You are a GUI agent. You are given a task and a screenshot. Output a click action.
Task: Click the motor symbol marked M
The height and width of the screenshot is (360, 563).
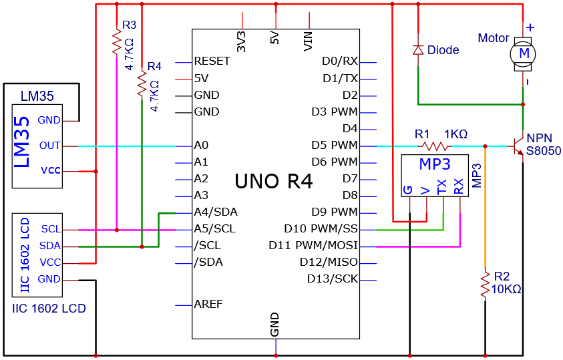click(523, 54)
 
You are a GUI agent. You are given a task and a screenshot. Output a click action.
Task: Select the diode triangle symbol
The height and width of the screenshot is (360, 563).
click(418, 50)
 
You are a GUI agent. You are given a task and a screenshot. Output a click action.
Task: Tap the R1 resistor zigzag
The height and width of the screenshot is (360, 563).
click(435, 146)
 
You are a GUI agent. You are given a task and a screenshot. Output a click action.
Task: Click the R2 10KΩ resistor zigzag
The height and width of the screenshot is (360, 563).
click(485, 285)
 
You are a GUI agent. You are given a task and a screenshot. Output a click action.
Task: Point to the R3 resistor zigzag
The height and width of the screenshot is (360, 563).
click(117, 41)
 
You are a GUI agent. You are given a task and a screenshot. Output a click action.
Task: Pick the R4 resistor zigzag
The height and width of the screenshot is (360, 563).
click(142, 83)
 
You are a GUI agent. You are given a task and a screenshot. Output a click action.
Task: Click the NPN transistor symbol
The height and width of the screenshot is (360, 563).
click(518, 146)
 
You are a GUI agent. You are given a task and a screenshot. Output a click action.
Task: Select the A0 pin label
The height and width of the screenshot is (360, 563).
click(201, 146)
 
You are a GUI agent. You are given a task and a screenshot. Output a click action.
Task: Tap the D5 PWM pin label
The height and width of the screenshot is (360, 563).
click(335, 146)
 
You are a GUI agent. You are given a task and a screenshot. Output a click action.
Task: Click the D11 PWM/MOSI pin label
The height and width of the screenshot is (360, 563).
click(313, 246)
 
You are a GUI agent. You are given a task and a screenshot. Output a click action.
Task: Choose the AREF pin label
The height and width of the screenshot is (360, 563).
click(208, 305)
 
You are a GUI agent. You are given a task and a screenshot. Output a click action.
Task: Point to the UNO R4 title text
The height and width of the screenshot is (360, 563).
click(274, 181)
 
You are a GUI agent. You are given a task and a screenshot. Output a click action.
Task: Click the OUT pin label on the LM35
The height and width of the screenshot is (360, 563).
click(50, 146)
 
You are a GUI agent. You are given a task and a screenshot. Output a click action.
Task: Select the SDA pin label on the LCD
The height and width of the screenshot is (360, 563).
click(50, 246)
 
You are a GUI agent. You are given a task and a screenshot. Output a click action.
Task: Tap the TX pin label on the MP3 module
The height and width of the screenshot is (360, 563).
click(441, 186)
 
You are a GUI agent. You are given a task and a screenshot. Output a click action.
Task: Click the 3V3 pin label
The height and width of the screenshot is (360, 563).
click(242, 41)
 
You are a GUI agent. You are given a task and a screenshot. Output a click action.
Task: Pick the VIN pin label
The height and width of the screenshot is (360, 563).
click(308, 41)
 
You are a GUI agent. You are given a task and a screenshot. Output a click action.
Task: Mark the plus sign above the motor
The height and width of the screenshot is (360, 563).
click(530, 27)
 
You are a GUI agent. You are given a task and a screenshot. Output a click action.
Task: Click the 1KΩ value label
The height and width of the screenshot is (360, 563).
click(456, 134)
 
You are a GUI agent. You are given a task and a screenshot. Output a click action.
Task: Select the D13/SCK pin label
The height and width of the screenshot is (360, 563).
click(333, 279)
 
